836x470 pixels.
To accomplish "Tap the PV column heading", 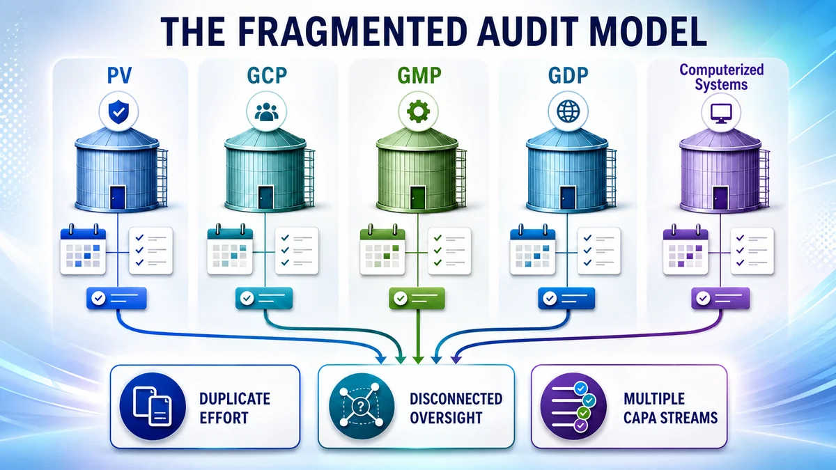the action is [119, 76].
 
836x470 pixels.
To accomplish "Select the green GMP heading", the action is [419, 76].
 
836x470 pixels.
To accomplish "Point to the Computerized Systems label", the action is [722, 77].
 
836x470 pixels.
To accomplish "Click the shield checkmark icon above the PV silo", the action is [118, 111].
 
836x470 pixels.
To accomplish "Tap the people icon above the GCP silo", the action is [266, 111].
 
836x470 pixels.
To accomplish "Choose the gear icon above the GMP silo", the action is [418, 111].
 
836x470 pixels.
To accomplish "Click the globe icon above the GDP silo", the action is [568, 111].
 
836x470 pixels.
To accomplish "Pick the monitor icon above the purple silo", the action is [721, 112].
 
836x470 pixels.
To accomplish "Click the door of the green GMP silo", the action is [418, 198].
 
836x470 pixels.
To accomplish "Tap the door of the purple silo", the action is [720, 198].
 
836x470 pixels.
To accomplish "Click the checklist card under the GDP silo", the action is [599, 251].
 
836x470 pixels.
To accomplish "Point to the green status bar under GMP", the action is [417, 298].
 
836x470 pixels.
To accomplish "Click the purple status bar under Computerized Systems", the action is [720, 298].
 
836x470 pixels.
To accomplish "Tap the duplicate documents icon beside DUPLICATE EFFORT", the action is [153, 406].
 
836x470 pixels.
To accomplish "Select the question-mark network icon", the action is [362, 406].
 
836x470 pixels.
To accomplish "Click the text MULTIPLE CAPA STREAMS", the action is [670, 408].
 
